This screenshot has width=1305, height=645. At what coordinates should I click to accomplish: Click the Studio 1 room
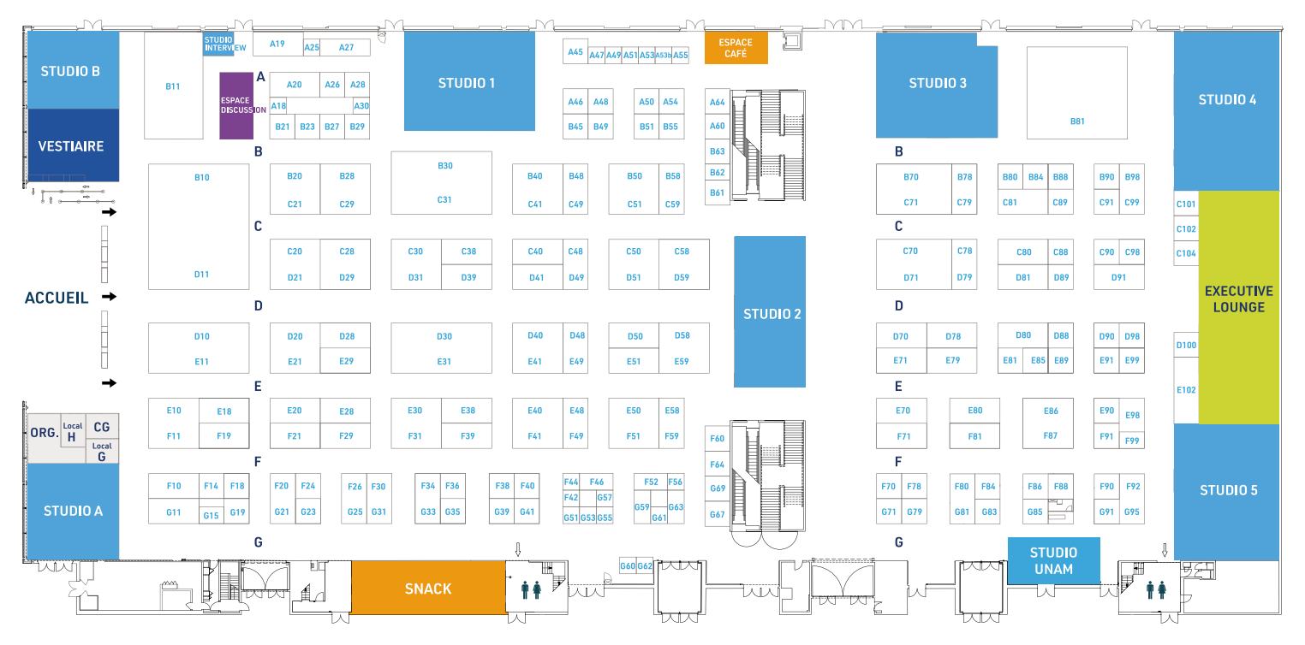click(x=468, y=82)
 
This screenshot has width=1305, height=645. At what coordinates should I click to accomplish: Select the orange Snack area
click(x=427, y=588)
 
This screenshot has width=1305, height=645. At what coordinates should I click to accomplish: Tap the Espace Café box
click(x=736, y=48)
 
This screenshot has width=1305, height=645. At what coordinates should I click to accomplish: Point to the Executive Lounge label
click(x=1238, y=299)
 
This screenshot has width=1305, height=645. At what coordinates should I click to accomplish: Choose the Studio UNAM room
click(x=1053, y=560)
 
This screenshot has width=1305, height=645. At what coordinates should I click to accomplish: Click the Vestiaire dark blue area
click(x=72, y=145)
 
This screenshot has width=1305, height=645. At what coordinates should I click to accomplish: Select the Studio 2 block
click(x=771, y=313)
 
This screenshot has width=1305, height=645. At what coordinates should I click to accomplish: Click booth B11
click(x=173, y=86)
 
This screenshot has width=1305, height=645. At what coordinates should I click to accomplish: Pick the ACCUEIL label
click(x=57, y=298)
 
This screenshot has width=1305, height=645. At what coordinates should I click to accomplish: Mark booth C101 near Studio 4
click(x=1186, y=204)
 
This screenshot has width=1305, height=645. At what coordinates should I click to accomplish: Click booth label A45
click(x=575, y=52)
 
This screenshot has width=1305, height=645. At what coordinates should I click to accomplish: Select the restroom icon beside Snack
click(x=530, y=589)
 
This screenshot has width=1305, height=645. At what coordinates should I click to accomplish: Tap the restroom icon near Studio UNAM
click(x=1155, y=589)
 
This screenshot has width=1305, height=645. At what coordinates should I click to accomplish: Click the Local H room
click(x=72, y=433)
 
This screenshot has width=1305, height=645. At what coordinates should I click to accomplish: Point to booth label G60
click(x=628, y=566)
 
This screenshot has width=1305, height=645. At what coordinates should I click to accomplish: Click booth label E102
click(x=1186, y=390)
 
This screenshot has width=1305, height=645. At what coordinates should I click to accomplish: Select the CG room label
click(x=101, y=426)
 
